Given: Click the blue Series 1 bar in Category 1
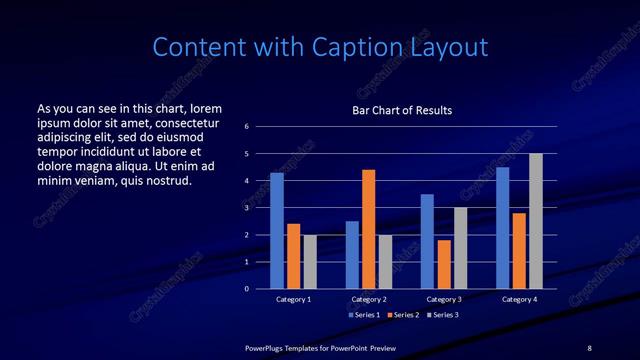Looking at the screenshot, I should (277, 231).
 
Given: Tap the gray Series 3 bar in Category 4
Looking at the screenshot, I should (535, 221).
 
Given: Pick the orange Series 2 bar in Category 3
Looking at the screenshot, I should (443, 264).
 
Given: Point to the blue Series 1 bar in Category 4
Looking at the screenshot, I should (502, 228).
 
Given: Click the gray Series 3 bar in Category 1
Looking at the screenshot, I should (310, 262).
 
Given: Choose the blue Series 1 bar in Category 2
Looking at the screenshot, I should (352, 255).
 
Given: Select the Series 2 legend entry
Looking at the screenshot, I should (403, 314).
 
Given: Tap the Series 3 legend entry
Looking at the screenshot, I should (444, 314).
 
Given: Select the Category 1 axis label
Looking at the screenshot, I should (294, 299).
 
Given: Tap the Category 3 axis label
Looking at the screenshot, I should (443, 299).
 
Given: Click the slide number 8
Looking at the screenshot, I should (589, 347).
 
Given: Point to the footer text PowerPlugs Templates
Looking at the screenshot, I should (287, 347).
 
